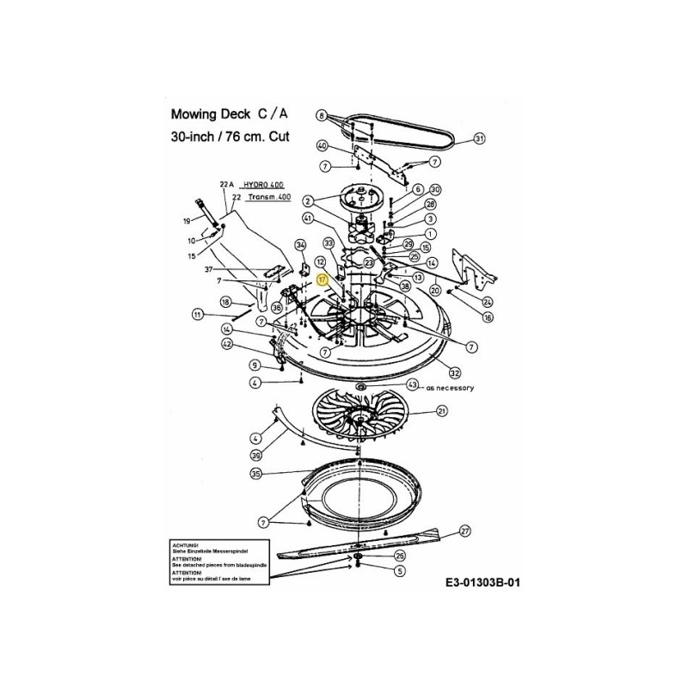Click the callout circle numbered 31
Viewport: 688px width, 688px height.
click(x=480, y=138)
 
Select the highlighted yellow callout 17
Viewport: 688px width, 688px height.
click(x=322, y=279)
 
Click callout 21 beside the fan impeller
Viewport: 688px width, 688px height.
click(x=442, y=412)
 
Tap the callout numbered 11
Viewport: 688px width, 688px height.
click(x=198, y=315)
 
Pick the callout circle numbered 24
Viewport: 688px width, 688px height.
click(x=488, y=301)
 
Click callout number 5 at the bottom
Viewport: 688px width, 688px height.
click(x=399, y=569)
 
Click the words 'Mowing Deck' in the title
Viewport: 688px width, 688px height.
click(x=207, y=114)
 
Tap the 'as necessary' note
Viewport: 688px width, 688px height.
click(x=450, y=388)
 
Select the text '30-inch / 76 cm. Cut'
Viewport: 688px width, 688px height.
click(x=230, y=137)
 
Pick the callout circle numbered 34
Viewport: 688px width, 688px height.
click(x=300, y=246)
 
